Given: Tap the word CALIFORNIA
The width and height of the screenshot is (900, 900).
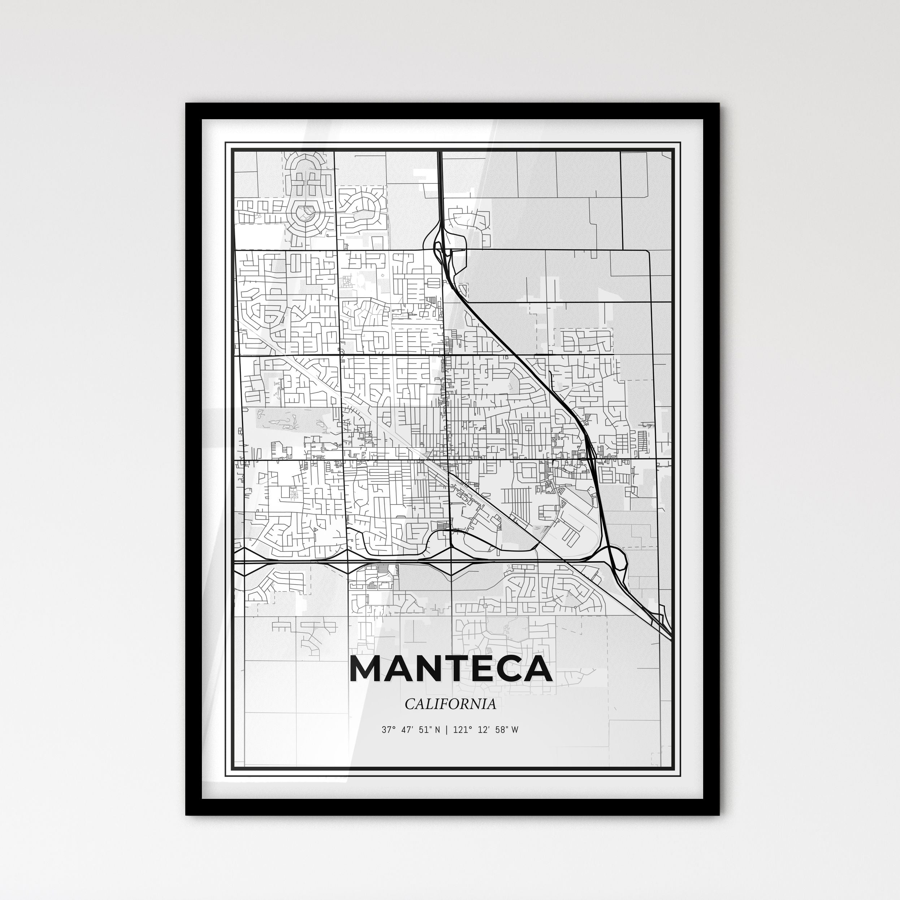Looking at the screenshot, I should tap(450, 704).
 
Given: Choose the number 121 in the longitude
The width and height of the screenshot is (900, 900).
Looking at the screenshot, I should tap(460, 730).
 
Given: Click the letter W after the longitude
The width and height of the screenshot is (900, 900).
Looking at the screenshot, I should tap(515, 730).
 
